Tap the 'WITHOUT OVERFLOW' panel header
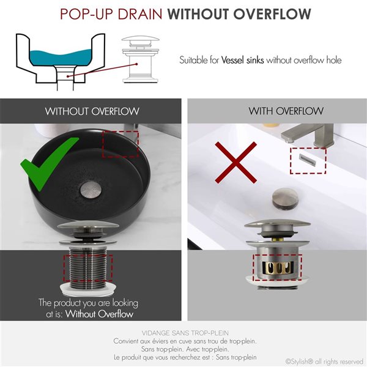92,111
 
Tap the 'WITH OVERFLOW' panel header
277,111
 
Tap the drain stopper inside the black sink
92,185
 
